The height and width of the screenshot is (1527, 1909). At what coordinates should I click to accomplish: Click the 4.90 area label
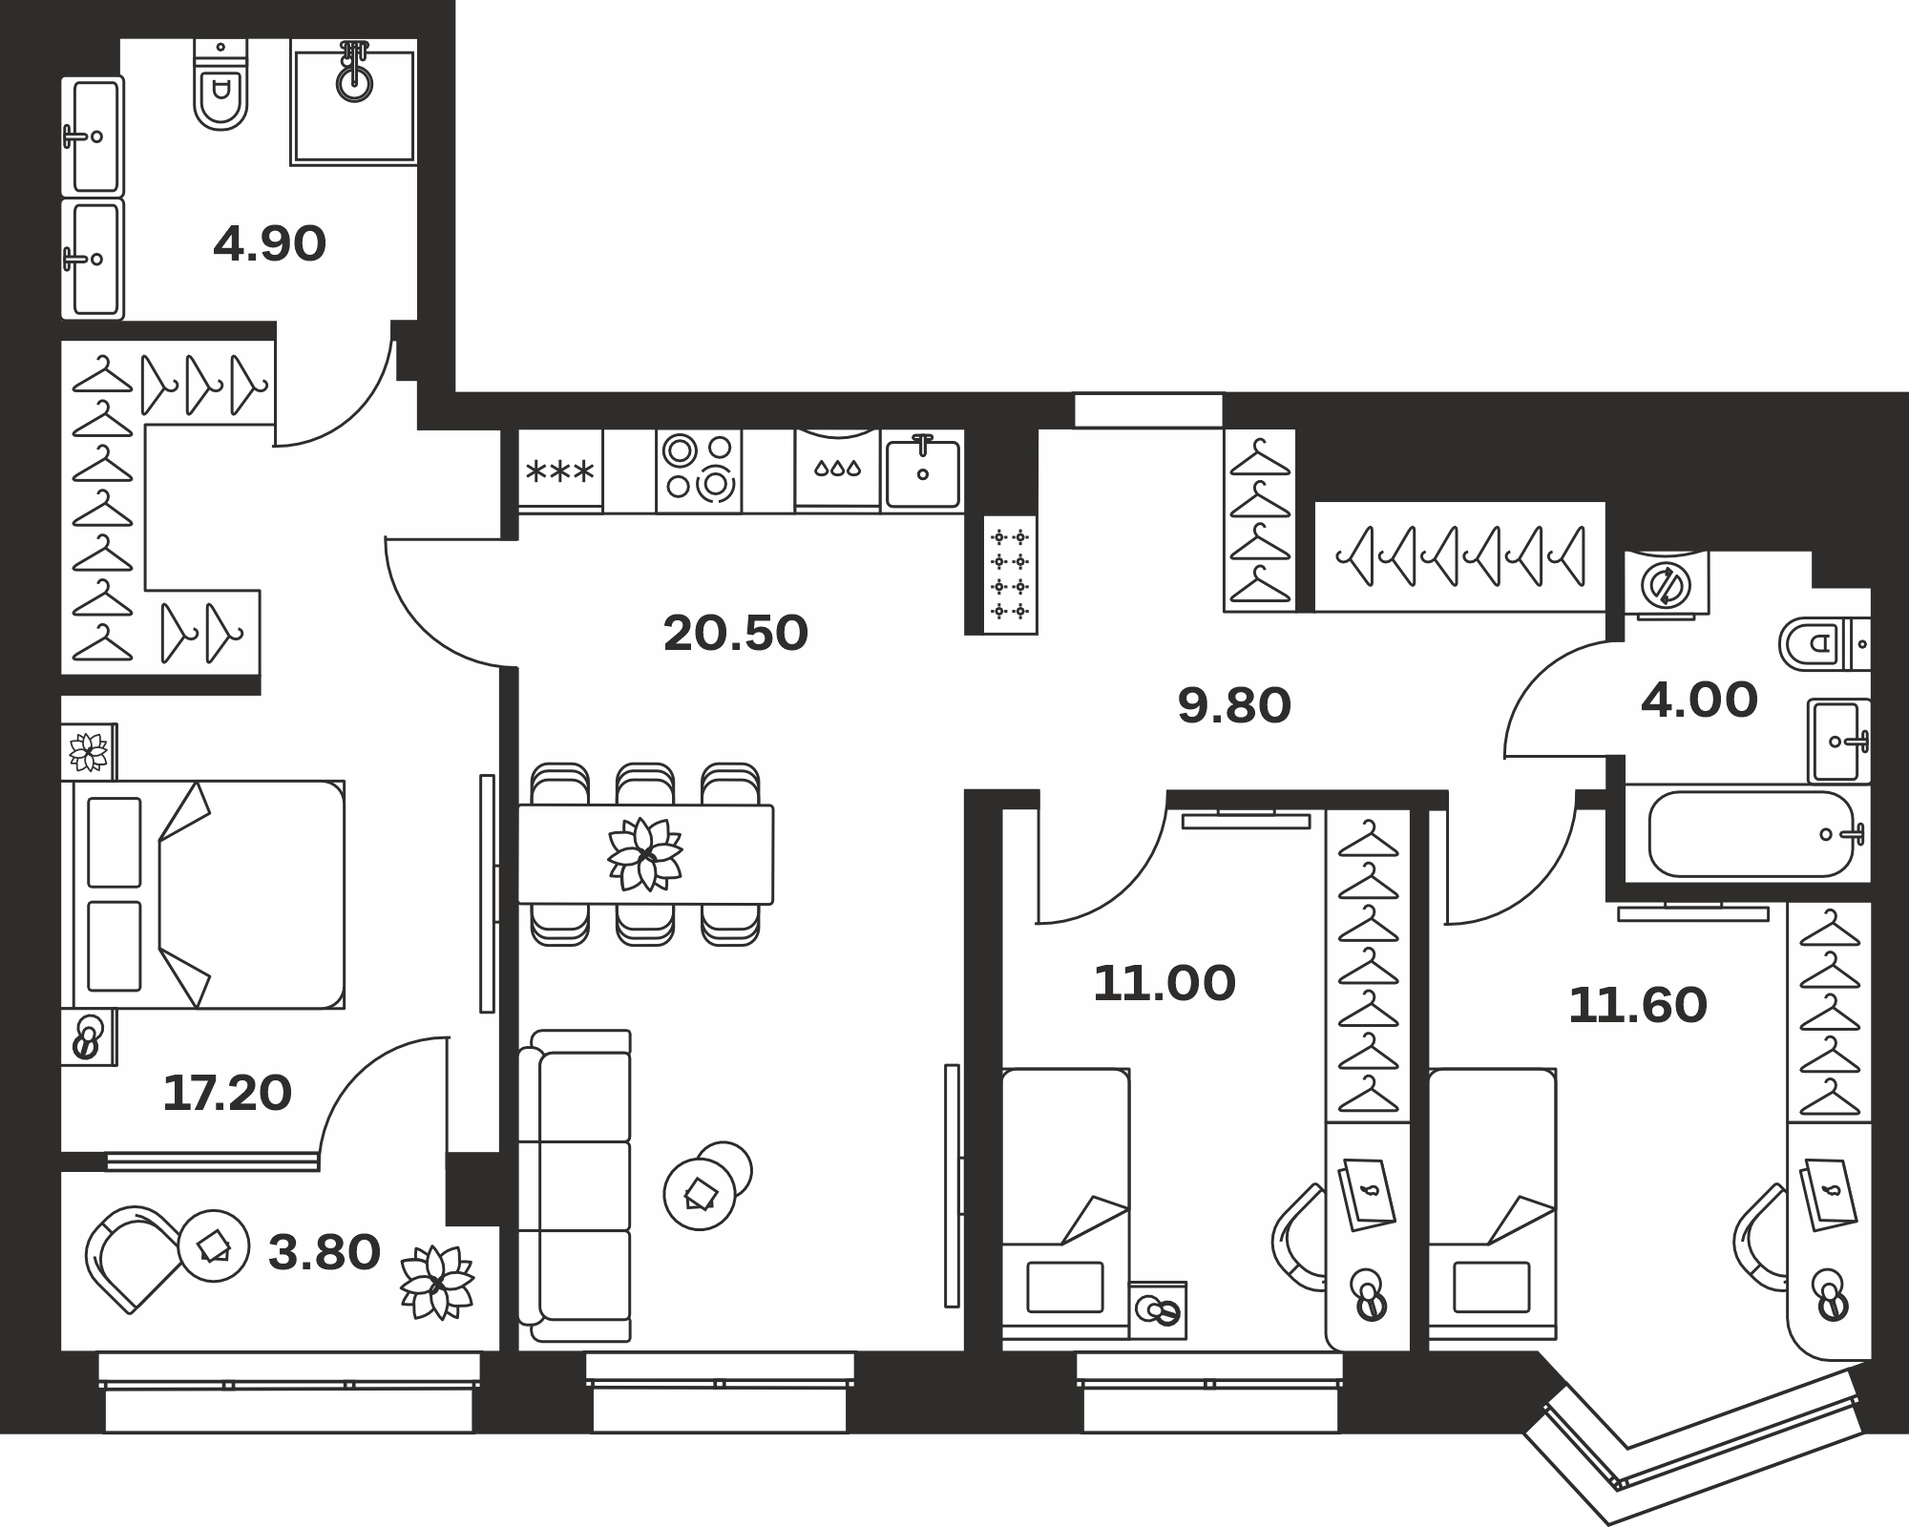270,244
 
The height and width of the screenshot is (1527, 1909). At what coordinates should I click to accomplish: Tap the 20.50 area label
736,633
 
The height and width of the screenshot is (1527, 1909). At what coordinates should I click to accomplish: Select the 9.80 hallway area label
1234,706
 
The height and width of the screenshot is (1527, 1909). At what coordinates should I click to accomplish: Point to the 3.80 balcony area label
325,1253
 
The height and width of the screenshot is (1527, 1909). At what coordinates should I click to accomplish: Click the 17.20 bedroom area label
227,1094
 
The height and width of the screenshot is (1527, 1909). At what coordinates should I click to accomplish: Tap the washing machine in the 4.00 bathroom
1667,585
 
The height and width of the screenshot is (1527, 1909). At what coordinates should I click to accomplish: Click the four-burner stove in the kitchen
699,471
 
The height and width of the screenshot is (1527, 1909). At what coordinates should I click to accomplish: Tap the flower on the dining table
646,854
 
